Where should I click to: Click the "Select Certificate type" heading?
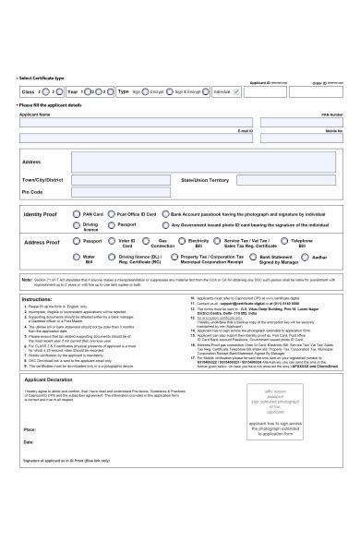pyautogui.click(x=42, y=78)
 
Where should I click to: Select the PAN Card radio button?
pyautogui.click(x=76, y=213)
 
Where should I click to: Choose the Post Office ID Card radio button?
pyautogui.click(x=111, y=213)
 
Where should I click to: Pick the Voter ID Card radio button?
pyautogui.click(x=111, y=241)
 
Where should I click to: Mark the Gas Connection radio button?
pyautogui.click(x=145, y=241)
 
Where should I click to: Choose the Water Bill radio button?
pyautogui.click(x=76, y=258)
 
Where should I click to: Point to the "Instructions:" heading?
pyautogui.click(x=37, y=299)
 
